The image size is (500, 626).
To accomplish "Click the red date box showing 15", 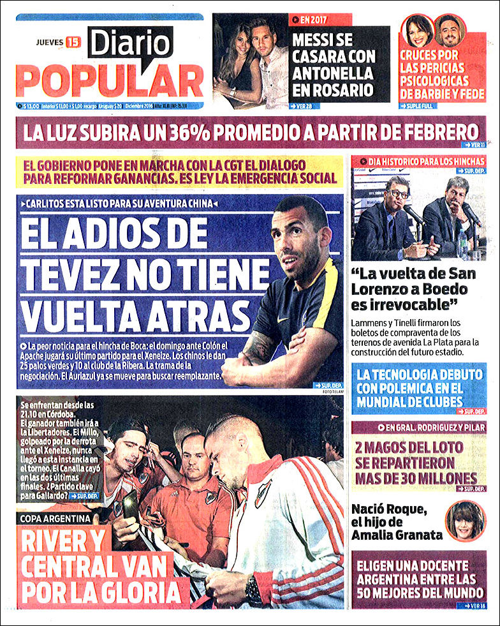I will tap(73, 43).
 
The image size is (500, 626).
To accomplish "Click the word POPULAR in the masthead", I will tap(109, 81).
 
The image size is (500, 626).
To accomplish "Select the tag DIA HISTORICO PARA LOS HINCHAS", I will tap(418, 162).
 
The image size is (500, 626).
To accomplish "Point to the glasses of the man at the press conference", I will tap(399, 194).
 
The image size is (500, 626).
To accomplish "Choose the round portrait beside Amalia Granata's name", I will tap(466, 520).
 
